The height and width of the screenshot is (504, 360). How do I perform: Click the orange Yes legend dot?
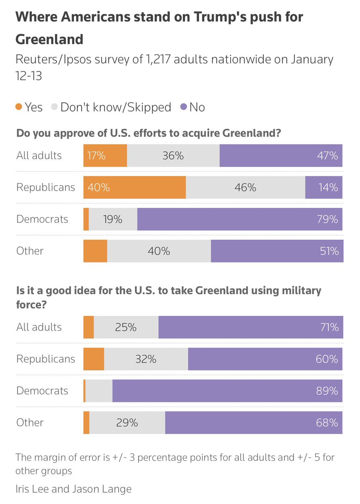click(x=18, y=107)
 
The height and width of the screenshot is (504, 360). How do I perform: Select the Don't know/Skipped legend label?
click(x=116, y=107)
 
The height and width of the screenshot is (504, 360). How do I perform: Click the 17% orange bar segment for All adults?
click(x=105, y=155)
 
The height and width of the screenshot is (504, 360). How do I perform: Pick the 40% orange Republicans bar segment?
click(x=134, y=187)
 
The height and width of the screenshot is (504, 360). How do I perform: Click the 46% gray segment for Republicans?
click(x=245, y=187)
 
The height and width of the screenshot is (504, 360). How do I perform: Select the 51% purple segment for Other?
click(x=277, y=251)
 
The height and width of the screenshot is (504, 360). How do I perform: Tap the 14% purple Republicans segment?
click(x=323, y=187)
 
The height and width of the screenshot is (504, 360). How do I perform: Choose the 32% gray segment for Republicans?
click(x=146, y=359)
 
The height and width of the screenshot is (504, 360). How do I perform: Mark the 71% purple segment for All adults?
click(x=250, y=327)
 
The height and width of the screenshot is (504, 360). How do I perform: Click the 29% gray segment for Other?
click(x=127, y=423)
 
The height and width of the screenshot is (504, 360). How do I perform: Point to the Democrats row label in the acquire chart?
click(x=42, y=219)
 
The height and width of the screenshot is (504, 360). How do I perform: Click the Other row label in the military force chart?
click(x=30, y=423)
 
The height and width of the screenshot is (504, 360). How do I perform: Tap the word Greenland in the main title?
click(x=50, y=39)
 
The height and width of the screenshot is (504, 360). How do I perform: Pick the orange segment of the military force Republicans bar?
click(x=94, y=359)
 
